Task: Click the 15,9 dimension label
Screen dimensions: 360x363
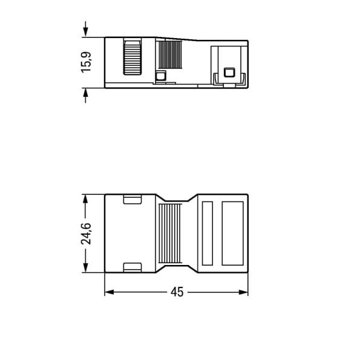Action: tap(86, 62)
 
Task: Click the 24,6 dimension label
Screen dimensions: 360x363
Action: tap(86, 234)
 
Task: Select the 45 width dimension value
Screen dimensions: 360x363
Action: tap(177, 292)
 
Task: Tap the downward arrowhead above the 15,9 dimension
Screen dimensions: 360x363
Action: tap(86, 31)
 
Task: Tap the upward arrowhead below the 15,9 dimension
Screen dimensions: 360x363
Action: tap(86, 94)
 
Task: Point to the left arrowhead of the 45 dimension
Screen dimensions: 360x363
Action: tap(110, 292)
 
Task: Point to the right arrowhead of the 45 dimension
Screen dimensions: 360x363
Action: tap(243, 292)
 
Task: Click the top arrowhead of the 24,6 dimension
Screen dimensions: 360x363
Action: tap(85, 199)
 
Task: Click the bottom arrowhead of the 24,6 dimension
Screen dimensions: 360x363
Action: tap(85, 267)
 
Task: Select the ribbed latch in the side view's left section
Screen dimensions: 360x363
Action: tap(132, 56)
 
